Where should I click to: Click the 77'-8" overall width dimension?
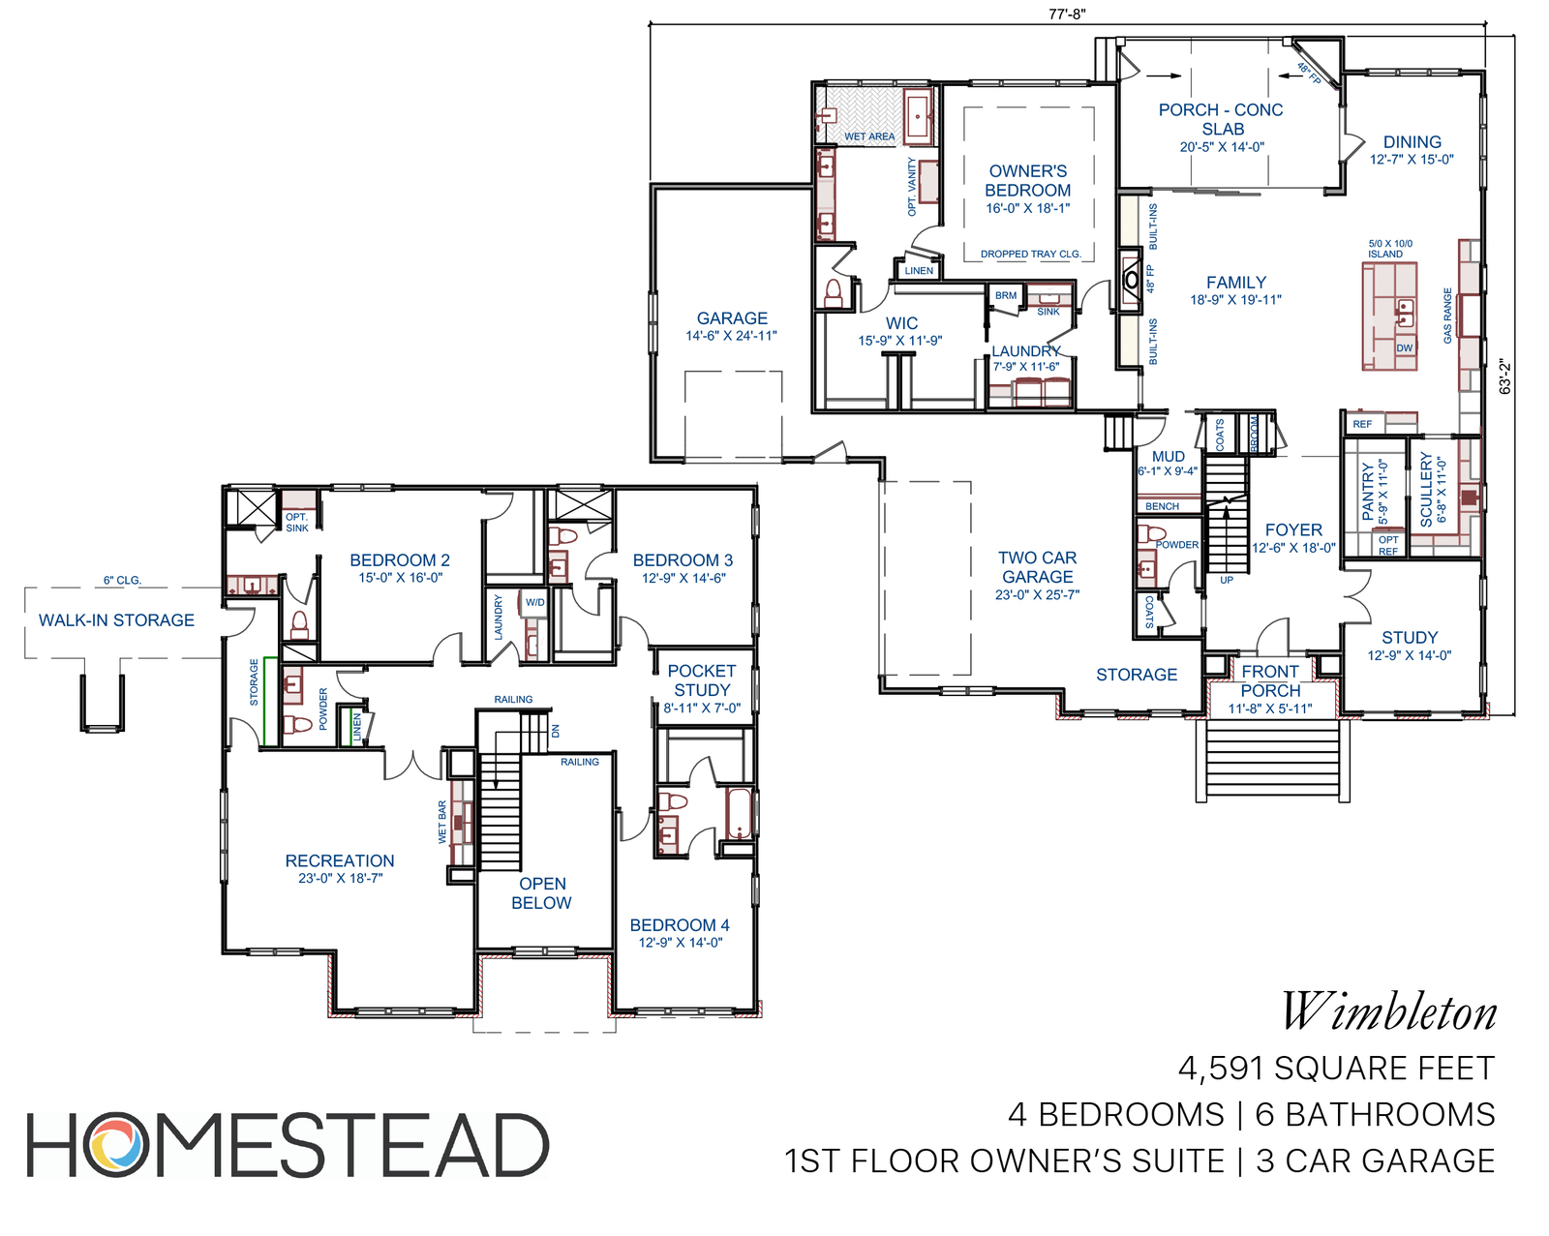point(1067,14)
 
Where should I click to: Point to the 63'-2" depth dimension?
point(1504,377)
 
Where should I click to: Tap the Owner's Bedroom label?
point(1028,181)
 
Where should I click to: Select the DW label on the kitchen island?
point(1405,347)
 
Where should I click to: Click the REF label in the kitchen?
point(1362,424)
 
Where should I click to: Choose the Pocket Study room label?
point(702,680)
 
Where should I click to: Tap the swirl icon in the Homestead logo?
point(116,1144)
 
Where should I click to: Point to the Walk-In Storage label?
point(116,619)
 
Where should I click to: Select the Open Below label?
point(542,893)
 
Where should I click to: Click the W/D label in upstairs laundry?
point(534,603)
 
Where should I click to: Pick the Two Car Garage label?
point(1037,567)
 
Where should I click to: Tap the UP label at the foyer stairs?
point(1227,580)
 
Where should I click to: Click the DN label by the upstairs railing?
point(555,731)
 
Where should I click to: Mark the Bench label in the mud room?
point(1162,506)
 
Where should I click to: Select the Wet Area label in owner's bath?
point(869,136)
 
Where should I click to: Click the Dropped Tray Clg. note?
point(1031,254)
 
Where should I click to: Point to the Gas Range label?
point(1447,317)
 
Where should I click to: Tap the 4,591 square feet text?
point(1337,1069)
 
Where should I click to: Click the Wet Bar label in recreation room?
point(442,822)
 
